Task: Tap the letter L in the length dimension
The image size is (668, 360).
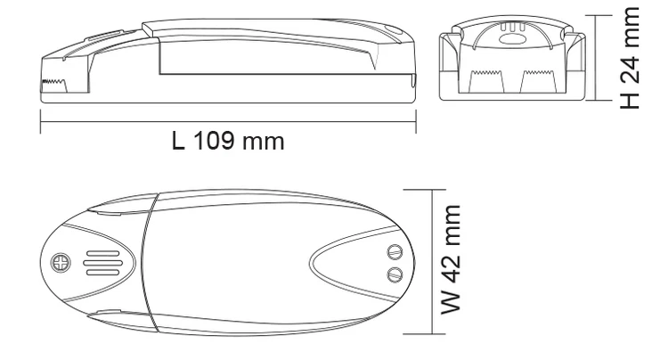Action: tap(178, 142)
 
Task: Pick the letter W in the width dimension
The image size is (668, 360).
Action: tap(454, 302)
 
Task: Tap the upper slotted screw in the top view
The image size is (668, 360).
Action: tap(395, 253)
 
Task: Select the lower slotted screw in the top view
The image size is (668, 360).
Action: tap(395, 273)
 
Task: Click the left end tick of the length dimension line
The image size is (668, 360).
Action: tap(41, 123)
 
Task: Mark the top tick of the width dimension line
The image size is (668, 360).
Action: tap(433, 190)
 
